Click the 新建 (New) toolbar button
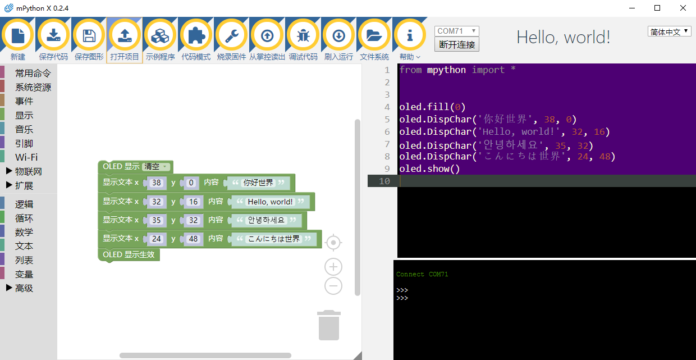point(18,35)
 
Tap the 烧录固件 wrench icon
point(231,35)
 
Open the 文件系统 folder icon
point(374,35)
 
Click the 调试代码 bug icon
point(303,35)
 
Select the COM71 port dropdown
point(456,31)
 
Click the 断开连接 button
point(457,44)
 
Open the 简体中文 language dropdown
point(669,31)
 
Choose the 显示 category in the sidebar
point(24,115)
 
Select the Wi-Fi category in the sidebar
point(26,157)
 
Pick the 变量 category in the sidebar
point(24,274)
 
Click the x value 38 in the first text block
point(156,183)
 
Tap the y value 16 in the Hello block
point(193,202)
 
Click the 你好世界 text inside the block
point(258,183)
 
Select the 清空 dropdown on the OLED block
point(156,167)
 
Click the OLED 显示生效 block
point(129,254)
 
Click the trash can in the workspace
point(329,325)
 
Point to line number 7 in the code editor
point(387,144)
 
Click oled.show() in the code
point(429,169)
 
